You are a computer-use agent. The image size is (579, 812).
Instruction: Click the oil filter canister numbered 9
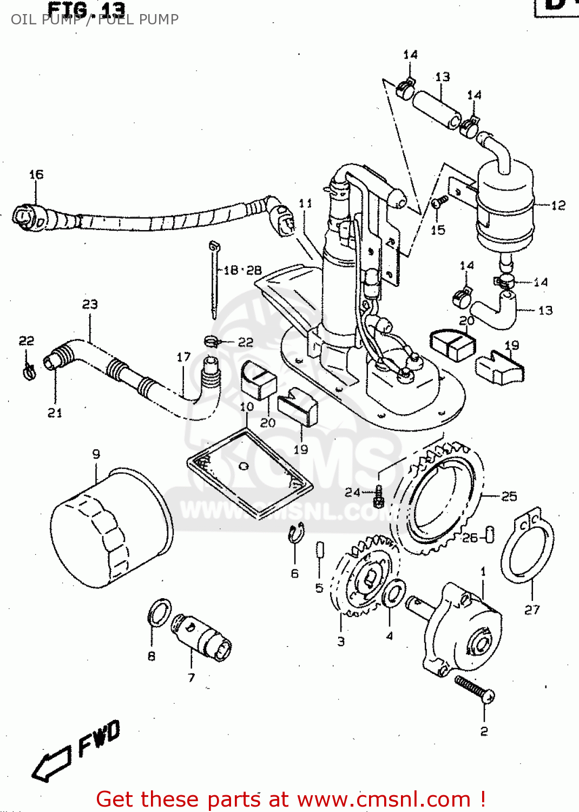tap(111, 528)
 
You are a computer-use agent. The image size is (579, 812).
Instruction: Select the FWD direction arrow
tap(52, 763)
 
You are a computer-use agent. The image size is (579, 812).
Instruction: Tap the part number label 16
tap(36, 175)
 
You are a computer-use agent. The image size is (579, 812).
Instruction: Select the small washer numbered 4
tap(393, 594)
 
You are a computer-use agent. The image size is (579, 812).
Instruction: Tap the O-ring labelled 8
tap(159, 612)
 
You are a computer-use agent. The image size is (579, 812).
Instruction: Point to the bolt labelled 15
tap(439, 202)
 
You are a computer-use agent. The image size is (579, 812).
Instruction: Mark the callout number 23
tap(90, 304)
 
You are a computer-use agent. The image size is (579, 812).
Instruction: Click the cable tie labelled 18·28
tap(214, 281)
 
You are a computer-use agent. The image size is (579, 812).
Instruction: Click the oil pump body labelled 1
tap(463, 628)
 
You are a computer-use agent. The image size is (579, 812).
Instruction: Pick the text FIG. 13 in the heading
tap(87, 9)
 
